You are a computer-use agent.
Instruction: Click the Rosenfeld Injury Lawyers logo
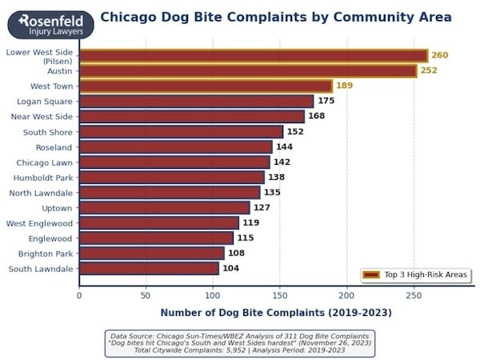coord(50,24)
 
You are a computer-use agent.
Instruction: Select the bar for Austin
coord(248,70)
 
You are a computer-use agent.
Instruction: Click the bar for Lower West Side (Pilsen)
coord(254,55)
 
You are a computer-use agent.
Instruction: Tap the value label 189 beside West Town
coord(344,86)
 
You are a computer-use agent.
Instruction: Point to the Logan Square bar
coord(196,101)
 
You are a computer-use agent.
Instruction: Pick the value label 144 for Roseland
coord(285,147)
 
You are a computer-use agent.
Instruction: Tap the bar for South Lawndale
coord(149,269)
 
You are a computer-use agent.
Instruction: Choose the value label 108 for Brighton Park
coord(237,254)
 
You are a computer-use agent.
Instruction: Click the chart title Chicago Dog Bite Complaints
coord(275,17)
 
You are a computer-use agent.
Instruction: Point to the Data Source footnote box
coord(239,342)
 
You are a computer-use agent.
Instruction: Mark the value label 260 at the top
coord(440,55)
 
